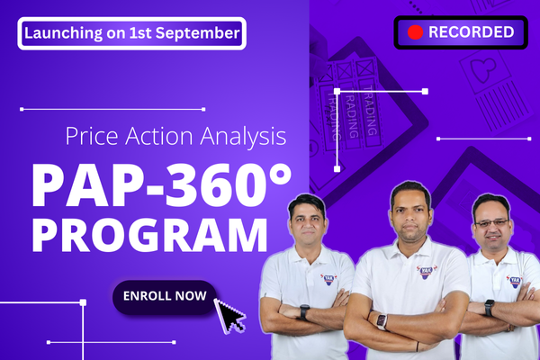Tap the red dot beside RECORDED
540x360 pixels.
(x=415, y=32)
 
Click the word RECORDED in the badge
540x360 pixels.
(x=472, y=32)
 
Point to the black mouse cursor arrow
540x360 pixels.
(x=230, y=316)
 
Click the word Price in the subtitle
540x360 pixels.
(x=93, y=138)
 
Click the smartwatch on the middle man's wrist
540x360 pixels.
(x=381, y=321)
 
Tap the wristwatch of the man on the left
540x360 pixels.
(x=304, y=312)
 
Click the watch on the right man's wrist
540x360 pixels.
(x=489, y=307)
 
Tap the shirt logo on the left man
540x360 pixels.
(x=328, y=278)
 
